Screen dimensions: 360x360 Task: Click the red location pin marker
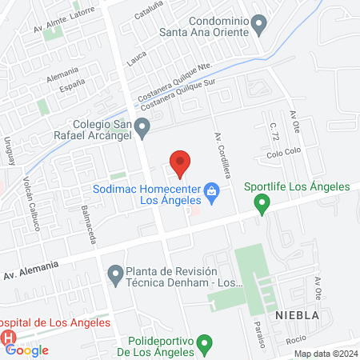click(x=181, y=162)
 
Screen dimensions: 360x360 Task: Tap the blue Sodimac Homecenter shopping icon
click(x=211, y=190)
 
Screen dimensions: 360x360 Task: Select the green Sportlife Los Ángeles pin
click(x=261, y=206)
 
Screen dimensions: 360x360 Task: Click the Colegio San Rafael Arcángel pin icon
click(x=142, y=126)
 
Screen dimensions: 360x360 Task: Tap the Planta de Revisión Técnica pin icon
click(x=116, y=275)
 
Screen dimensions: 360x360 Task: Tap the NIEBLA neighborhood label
click(x=297, y=315)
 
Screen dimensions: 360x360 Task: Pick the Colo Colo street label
click(x=282, y=154)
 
